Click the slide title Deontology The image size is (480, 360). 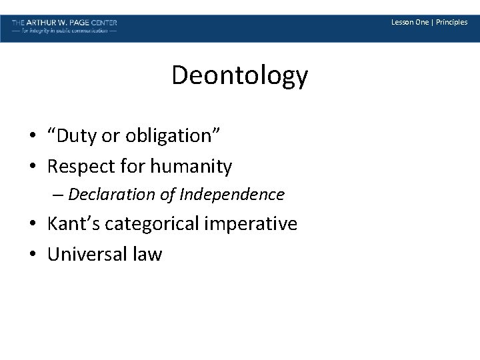click(x=239, y=76)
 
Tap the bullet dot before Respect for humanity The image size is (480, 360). click(x=32, y=167)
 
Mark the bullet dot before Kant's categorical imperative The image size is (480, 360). click(x=32, y=224)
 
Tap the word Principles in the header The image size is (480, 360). click(x=451, y=22)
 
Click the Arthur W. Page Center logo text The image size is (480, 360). click(x=64, y=23)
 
